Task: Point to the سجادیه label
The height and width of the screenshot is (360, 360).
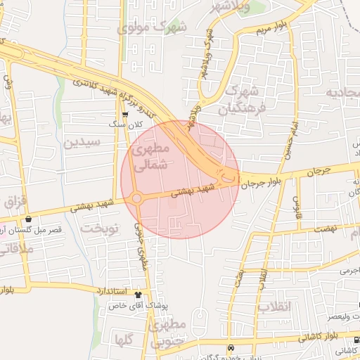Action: pyautogui.click(x=342, y=93)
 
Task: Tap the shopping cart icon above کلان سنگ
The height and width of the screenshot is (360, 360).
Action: pyautogui.click(x=125, y=114)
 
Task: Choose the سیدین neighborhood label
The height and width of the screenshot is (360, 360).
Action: pyautogui.click(x=82, y=142)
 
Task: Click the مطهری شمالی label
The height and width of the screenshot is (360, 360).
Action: pyautogui.click(x=150, y=158)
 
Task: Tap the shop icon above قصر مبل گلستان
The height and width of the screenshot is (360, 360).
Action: pyautogui.click(x=28, y=219)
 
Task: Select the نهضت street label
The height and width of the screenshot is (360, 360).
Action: pyautogui.click(x=327, y=229)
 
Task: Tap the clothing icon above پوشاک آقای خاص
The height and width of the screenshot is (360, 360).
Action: pyautogui.click(x=138, y=296)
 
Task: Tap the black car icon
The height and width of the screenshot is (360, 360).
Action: pyautogui.click(x=231, y=348)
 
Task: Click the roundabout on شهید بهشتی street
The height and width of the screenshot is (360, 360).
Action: pyautogui.click(x=136, y=198)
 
